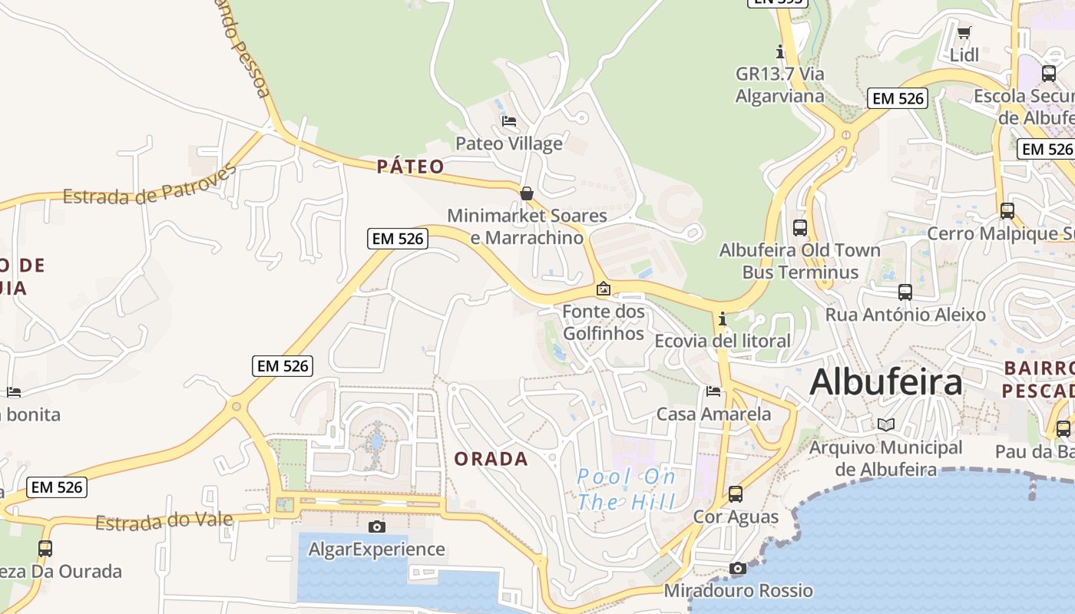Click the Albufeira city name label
885,381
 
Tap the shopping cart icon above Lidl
964,33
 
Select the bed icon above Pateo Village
508,121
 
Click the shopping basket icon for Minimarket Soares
527,193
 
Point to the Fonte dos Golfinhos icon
604,289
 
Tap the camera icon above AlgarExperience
376,527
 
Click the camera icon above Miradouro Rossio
737,569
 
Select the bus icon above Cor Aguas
736,494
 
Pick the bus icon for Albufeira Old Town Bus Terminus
800,228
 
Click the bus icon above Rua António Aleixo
905,292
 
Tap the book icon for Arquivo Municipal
886,424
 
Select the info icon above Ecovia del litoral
722,319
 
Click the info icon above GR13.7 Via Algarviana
780,52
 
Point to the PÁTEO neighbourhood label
411,167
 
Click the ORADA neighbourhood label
491,459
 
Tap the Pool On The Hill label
627,490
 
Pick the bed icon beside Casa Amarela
713,392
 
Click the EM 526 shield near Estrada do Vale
56,487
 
